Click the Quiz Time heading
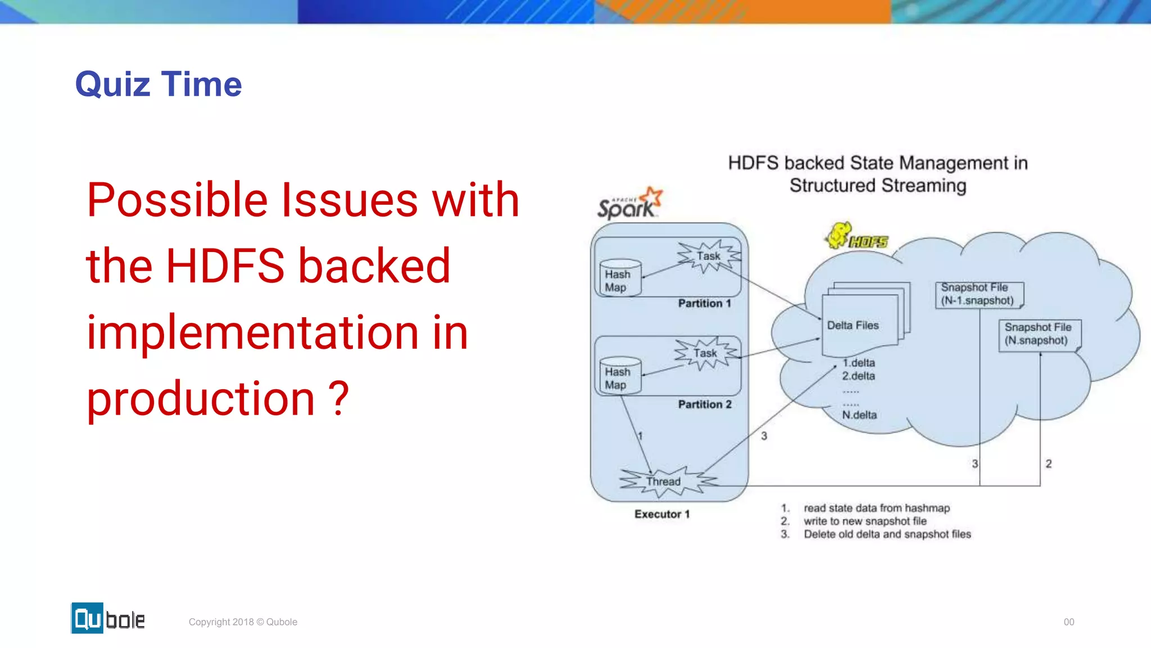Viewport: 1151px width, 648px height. click(158, 84)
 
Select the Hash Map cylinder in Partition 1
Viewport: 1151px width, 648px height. click(619, 278)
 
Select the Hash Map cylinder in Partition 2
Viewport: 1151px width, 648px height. click(619, 375)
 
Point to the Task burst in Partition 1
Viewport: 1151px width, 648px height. click(709, 256)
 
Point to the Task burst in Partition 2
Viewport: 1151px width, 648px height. click(705, 353)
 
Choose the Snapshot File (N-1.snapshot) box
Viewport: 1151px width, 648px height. click(978, 294)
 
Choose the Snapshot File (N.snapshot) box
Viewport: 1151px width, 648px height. click(1039, 334)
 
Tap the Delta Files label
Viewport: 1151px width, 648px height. click(853, 325)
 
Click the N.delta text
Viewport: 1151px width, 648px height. click(859, 415)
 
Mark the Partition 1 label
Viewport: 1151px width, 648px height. click(704, 304)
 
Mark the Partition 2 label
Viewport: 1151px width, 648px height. click(704, 404)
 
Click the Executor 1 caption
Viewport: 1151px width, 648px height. click(661, 514)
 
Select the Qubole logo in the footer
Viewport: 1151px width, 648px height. click(108, 618)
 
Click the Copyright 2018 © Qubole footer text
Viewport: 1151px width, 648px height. click(243, 622)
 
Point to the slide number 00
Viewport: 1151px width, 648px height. click(1068, 622)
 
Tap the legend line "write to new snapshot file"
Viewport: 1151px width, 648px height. click(865, 521)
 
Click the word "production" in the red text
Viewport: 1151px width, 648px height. click(201, 399)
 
